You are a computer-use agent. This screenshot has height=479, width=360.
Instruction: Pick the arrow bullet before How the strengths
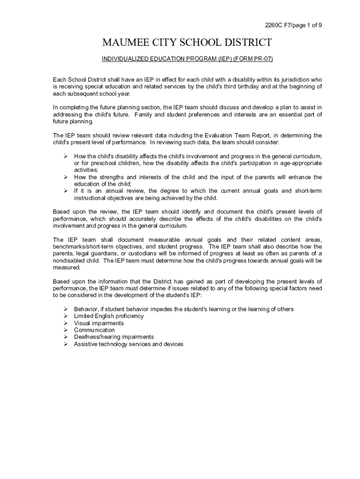(x=66, y=177)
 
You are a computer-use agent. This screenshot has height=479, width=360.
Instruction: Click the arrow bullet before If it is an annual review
(x=66, y=191)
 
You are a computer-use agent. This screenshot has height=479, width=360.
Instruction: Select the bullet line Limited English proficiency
(x=108, y=316)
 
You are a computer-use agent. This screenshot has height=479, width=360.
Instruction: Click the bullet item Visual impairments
(x=99, y=323)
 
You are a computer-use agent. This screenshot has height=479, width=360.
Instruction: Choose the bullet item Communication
(x=94, y=330)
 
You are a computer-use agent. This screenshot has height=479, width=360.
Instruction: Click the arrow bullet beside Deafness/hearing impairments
(x=66, y=337)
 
